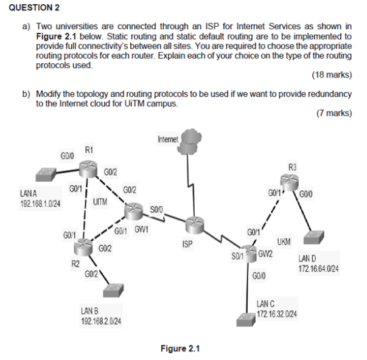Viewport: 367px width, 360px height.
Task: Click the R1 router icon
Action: pyautogui.click(x=89, y=165)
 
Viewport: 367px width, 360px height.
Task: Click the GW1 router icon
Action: pyautogui.click(x=133, y=210)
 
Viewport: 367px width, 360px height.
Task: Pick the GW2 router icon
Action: pyautogui.click(x=249, y=251)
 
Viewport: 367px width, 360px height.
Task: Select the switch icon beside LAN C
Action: pyautogui.click(x=246, y=317)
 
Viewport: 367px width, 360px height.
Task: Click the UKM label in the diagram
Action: pyautogui.click(x=284, y=242)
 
